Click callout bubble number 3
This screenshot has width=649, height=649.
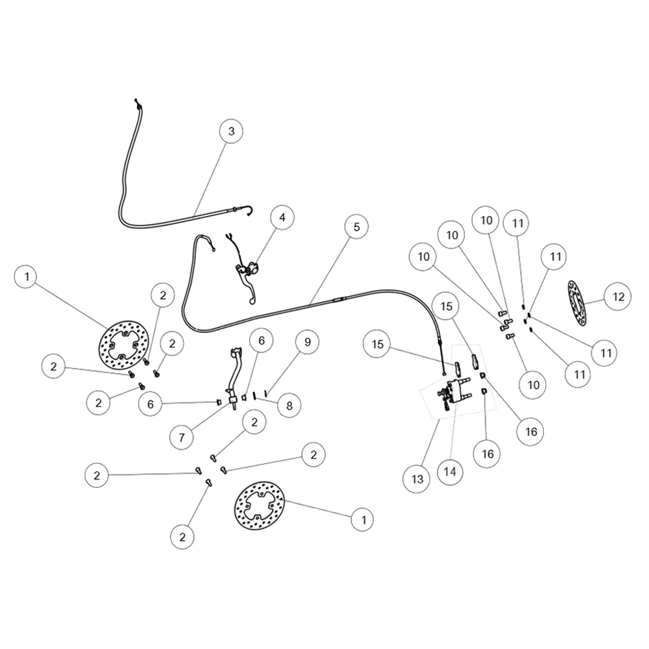[231, 131]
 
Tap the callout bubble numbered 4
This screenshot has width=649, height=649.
[282, 217]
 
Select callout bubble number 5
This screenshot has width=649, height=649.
[356, 227]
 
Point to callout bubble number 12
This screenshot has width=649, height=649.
[618, 297]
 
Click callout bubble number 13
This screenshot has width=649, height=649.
[417, 479]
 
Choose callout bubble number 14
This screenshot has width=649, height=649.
[450, 471]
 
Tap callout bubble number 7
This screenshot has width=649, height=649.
[182, 437]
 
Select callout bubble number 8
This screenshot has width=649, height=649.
[289, 405]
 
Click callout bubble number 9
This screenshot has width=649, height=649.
[307, 342]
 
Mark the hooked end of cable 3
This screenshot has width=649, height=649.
[248, 211]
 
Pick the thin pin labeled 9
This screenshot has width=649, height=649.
[265, 391]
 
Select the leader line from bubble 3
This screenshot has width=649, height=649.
[210, 178]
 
